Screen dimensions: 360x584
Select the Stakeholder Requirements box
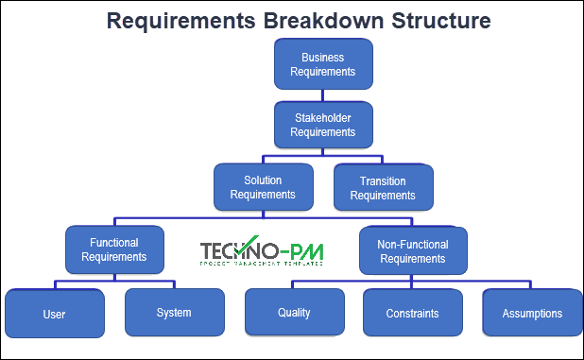coord(322,126)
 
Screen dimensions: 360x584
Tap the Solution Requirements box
coord(262,187)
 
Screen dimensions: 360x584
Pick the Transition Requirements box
coord(383,188)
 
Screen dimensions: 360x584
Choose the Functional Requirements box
coord(114,249)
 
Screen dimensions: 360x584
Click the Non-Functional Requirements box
coord(412,250)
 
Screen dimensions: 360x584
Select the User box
coord(54,313)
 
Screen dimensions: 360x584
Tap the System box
coord(174,313)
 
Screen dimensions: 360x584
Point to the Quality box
coord(294,313)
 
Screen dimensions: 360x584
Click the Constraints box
coord(412,313)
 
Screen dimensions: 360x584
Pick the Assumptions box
coord(532,313)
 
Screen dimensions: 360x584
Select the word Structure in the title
coord(433,22)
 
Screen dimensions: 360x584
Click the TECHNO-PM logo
coord(261,251)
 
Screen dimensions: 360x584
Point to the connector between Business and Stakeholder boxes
coord(322,94)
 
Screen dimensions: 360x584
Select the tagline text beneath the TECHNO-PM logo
coord(261,264)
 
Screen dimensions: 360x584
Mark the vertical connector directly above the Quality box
coord(294,284)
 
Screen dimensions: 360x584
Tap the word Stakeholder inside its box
coord(322,119)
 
